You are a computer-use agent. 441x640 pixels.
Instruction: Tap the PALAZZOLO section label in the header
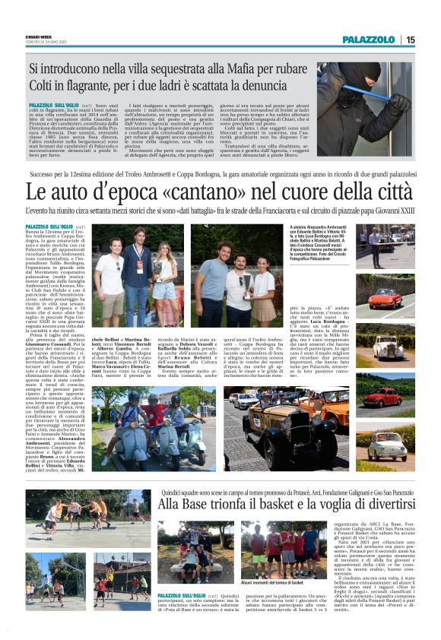[369, 40]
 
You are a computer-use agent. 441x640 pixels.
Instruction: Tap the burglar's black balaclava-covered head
[354, 81]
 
